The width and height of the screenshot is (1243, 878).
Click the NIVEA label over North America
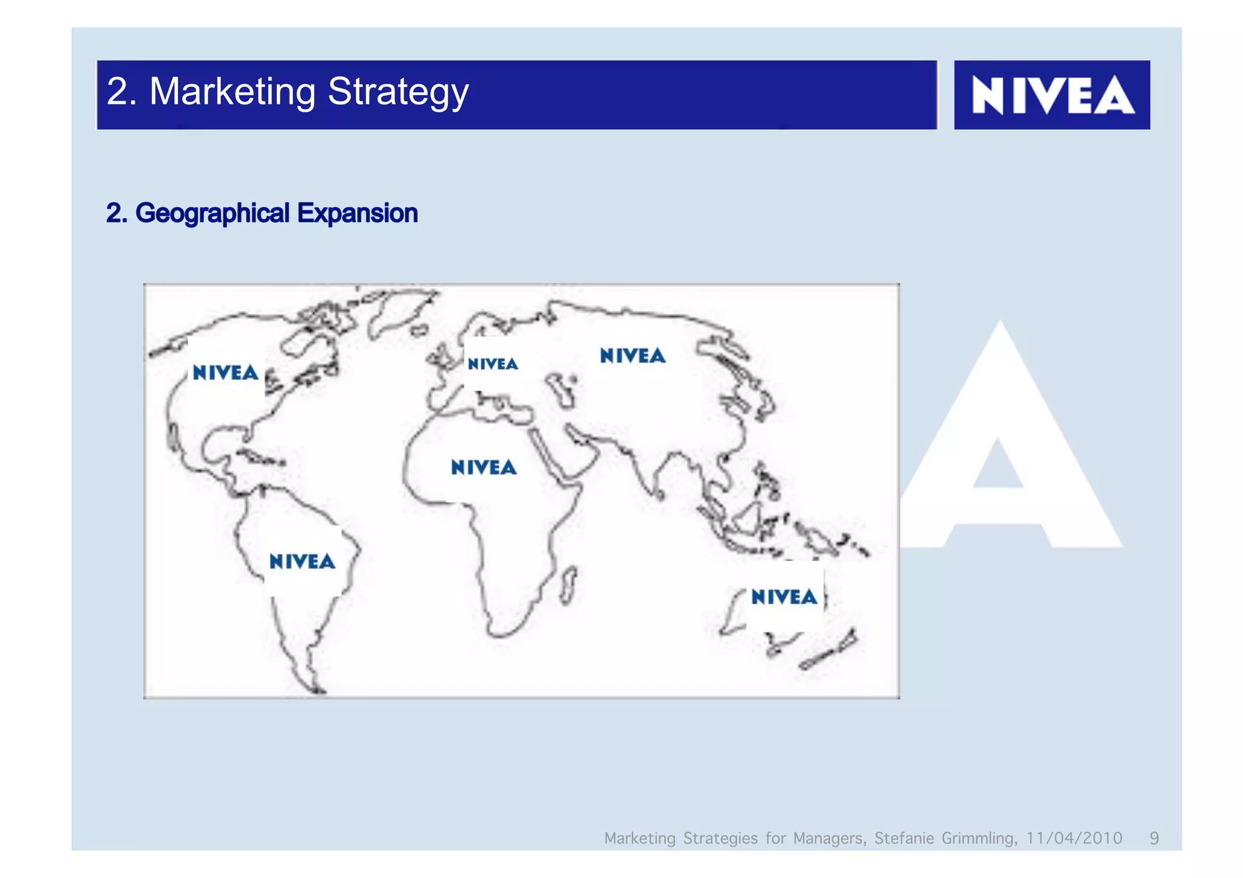[x=226, y=373]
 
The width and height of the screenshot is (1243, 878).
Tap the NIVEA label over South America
[x=302, y=561]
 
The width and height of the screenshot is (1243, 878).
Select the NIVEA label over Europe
[x=493, y=364]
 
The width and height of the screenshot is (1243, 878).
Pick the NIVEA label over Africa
[x=484, y=467]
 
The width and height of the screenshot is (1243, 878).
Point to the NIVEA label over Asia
[x=632, y=356]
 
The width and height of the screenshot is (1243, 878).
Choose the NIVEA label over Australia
[x=784, y=597]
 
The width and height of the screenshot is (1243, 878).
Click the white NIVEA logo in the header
[x=1052, y=95]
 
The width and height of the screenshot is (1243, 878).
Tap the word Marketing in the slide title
[x=232, y=92]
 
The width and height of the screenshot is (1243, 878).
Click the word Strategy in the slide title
[x=398, y=92]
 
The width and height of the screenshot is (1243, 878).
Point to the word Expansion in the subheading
[x=357, y=214]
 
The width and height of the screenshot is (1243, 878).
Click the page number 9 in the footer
[x=1154, y=838]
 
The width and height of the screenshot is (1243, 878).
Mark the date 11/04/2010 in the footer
[x=1074, y=838]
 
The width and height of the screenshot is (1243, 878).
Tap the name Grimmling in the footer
[x=979, y=838]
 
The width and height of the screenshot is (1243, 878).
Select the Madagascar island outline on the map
[x=568, y=585]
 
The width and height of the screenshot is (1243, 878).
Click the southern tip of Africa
[x=501, y=634]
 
